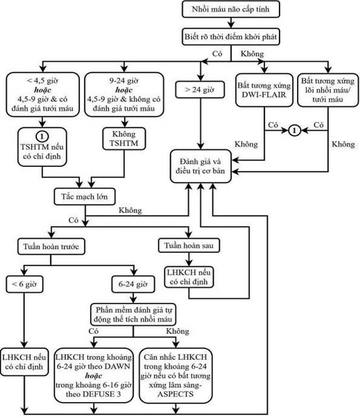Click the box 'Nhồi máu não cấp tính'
click(231, 9)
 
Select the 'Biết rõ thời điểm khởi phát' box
click(231, 36)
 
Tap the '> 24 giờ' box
click(200, 90)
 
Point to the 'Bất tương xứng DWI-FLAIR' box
click(264, 90)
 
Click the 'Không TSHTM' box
click(124, 138)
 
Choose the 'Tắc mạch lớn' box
click(84, 197)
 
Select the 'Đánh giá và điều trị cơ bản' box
click(200, 166)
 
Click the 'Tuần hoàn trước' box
click(51, 246)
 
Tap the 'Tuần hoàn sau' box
click(189, 246)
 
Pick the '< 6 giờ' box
click(24, 284)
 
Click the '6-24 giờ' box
click(133, 284)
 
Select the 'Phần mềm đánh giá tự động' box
click(133, 314)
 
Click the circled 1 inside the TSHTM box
click(42, 136)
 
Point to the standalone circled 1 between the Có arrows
click(294, 131)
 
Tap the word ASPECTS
click(175, 394)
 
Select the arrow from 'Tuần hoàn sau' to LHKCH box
click(189, 259)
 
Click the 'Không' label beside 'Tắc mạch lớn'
click(130, 210)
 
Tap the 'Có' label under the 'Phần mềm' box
click(94, 331)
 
